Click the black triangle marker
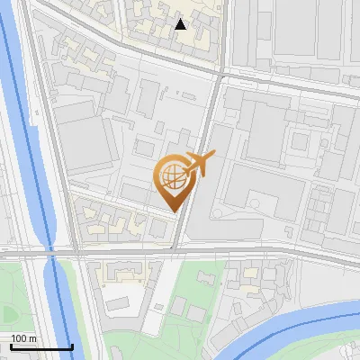click(x=180, y=24)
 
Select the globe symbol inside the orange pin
click(x=172, y=175)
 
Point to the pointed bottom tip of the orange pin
click(x=175, y=211)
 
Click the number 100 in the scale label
click(x=20, y=338)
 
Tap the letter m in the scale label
click(x=33, y=338)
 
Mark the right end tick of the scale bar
click(x=72, y=346)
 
